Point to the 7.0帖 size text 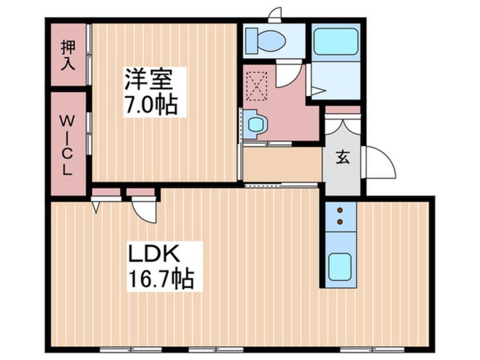click(150, 106)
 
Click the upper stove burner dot click(340, 210)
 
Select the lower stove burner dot click(340, 221)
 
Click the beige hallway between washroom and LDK click(282, 164)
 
